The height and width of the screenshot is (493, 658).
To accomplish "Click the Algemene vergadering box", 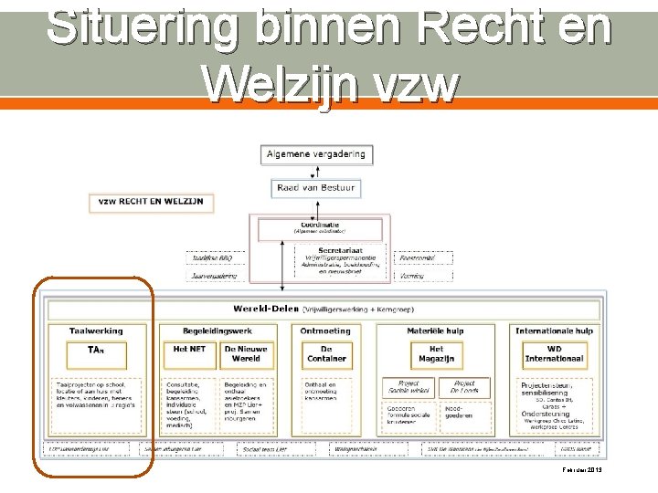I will click(315, 154).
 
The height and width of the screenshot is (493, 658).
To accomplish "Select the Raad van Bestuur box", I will click(315, 188).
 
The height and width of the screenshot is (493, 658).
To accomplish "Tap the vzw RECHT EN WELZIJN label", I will click(152, 201).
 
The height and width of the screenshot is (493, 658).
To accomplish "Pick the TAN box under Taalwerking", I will click(96, 353).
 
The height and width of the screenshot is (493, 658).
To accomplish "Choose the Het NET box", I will click(189, 353).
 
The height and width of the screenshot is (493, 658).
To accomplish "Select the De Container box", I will click(326, 353).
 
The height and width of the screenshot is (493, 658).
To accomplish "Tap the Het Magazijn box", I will click(436, 353).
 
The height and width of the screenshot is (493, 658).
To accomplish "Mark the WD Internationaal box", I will click(554, 353).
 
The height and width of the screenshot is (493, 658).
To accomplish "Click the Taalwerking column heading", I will click(96, 330).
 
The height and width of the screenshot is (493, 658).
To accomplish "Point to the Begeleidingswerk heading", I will click(218, 330).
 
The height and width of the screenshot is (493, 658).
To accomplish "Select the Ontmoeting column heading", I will click(325, 330).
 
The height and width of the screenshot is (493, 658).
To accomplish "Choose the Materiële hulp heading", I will click(436, 330).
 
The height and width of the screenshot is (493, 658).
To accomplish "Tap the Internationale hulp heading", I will click(554, 330).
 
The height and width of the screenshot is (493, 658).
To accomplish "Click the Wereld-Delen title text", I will click(265, 309).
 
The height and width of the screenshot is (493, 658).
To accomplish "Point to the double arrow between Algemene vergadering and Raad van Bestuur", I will click(315, 172).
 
